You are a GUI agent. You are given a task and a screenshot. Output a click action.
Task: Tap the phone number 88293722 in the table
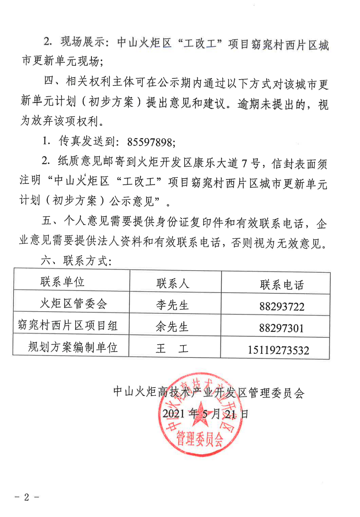[x=281, y=306]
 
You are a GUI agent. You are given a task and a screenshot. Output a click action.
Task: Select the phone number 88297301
[x=281, y=328]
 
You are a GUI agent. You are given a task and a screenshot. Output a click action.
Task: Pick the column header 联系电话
[x=282, y=285]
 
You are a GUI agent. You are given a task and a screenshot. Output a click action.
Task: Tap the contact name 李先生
[x=172, y=305]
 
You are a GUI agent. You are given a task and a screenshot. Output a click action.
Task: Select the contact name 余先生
[x=172, y=327]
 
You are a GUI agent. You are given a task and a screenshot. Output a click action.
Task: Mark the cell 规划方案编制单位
[x=73, y=348]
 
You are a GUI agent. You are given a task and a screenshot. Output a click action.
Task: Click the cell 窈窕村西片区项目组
[x=68, y=326]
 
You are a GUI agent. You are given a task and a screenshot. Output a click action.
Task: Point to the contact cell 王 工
[x=172, y=349]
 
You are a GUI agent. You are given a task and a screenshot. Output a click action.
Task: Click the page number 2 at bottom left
[x=27, y=497]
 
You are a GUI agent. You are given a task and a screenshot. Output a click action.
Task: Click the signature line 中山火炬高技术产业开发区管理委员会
[x=209, y=393]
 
